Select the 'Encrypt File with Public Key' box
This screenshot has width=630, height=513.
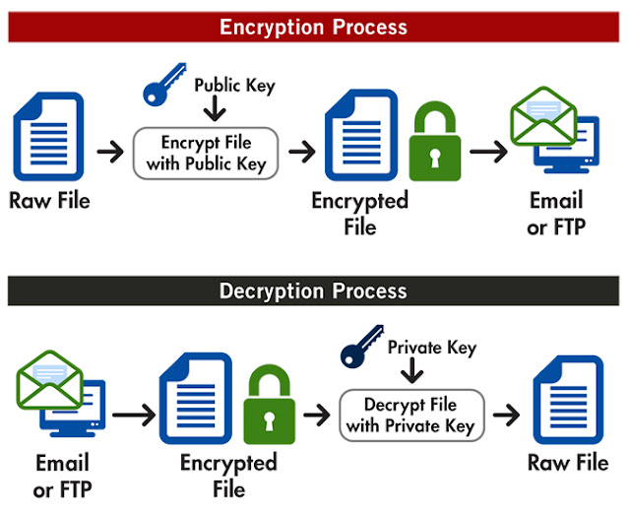(206, 153)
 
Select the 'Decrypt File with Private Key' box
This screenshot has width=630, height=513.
(411, 416)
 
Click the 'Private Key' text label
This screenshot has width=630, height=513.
(431, 348)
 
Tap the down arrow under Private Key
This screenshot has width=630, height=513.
(412, 372)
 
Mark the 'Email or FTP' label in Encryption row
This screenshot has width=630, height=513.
(556, 213)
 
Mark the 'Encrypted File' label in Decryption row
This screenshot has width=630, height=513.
(228, 475)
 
